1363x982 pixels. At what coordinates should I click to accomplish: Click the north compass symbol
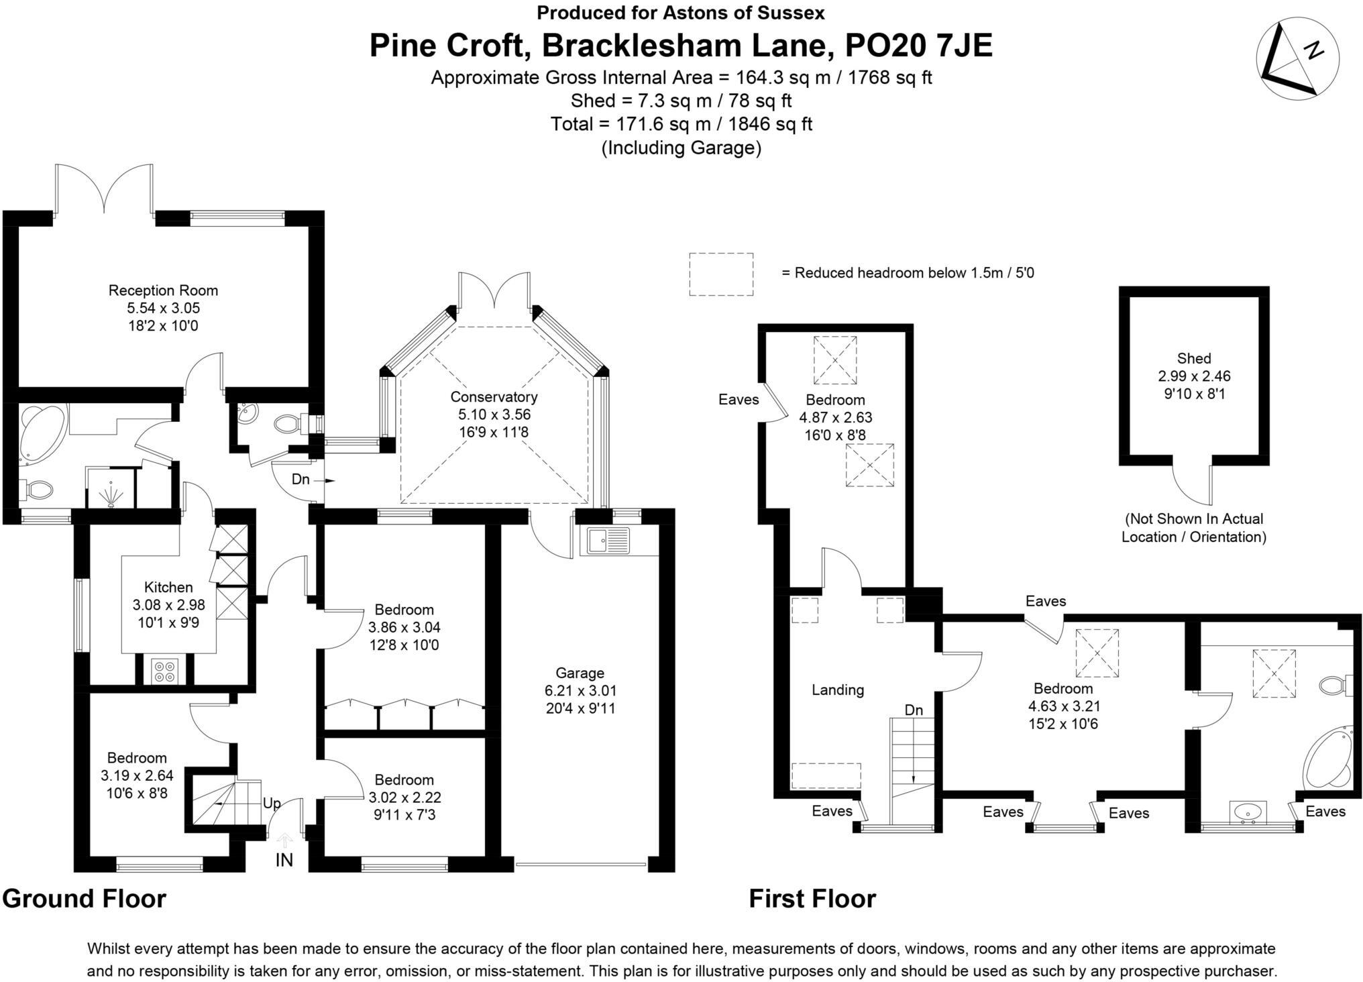[1297, 60]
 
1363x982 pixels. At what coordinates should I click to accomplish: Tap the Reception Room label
[163, 290]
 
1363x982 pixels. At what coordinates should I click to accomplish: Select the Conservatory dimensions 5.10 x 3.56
[494, 415]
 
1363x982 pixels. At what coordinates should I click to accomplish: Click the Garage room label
[580, 673]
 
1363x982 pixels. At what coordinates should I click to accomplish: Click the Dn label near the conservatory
[301, 480]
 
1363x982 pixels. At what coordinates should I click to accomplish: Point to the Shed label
[1194, 358]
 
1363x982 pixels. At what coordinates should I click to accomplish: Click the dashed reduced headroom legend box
[721, 274]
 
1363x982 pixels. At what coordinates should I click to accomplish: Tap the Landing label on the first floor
[837, 690]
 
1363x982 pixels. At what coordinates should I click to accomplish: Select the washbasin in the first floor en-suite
[1248, 812]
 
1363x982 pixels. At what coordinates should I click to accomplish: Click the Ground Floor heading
[85, 899]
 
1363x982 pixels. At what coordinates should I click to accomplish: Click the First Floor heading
[812, 899]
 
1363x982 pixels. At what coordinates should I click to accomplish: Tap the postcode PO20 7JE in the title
[918, 46]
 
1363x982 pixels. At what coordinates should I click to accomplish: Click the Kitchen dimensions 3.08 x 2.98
[168, 605]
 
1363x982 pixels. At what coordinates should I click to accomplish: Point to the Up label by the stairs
[272, 804]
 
